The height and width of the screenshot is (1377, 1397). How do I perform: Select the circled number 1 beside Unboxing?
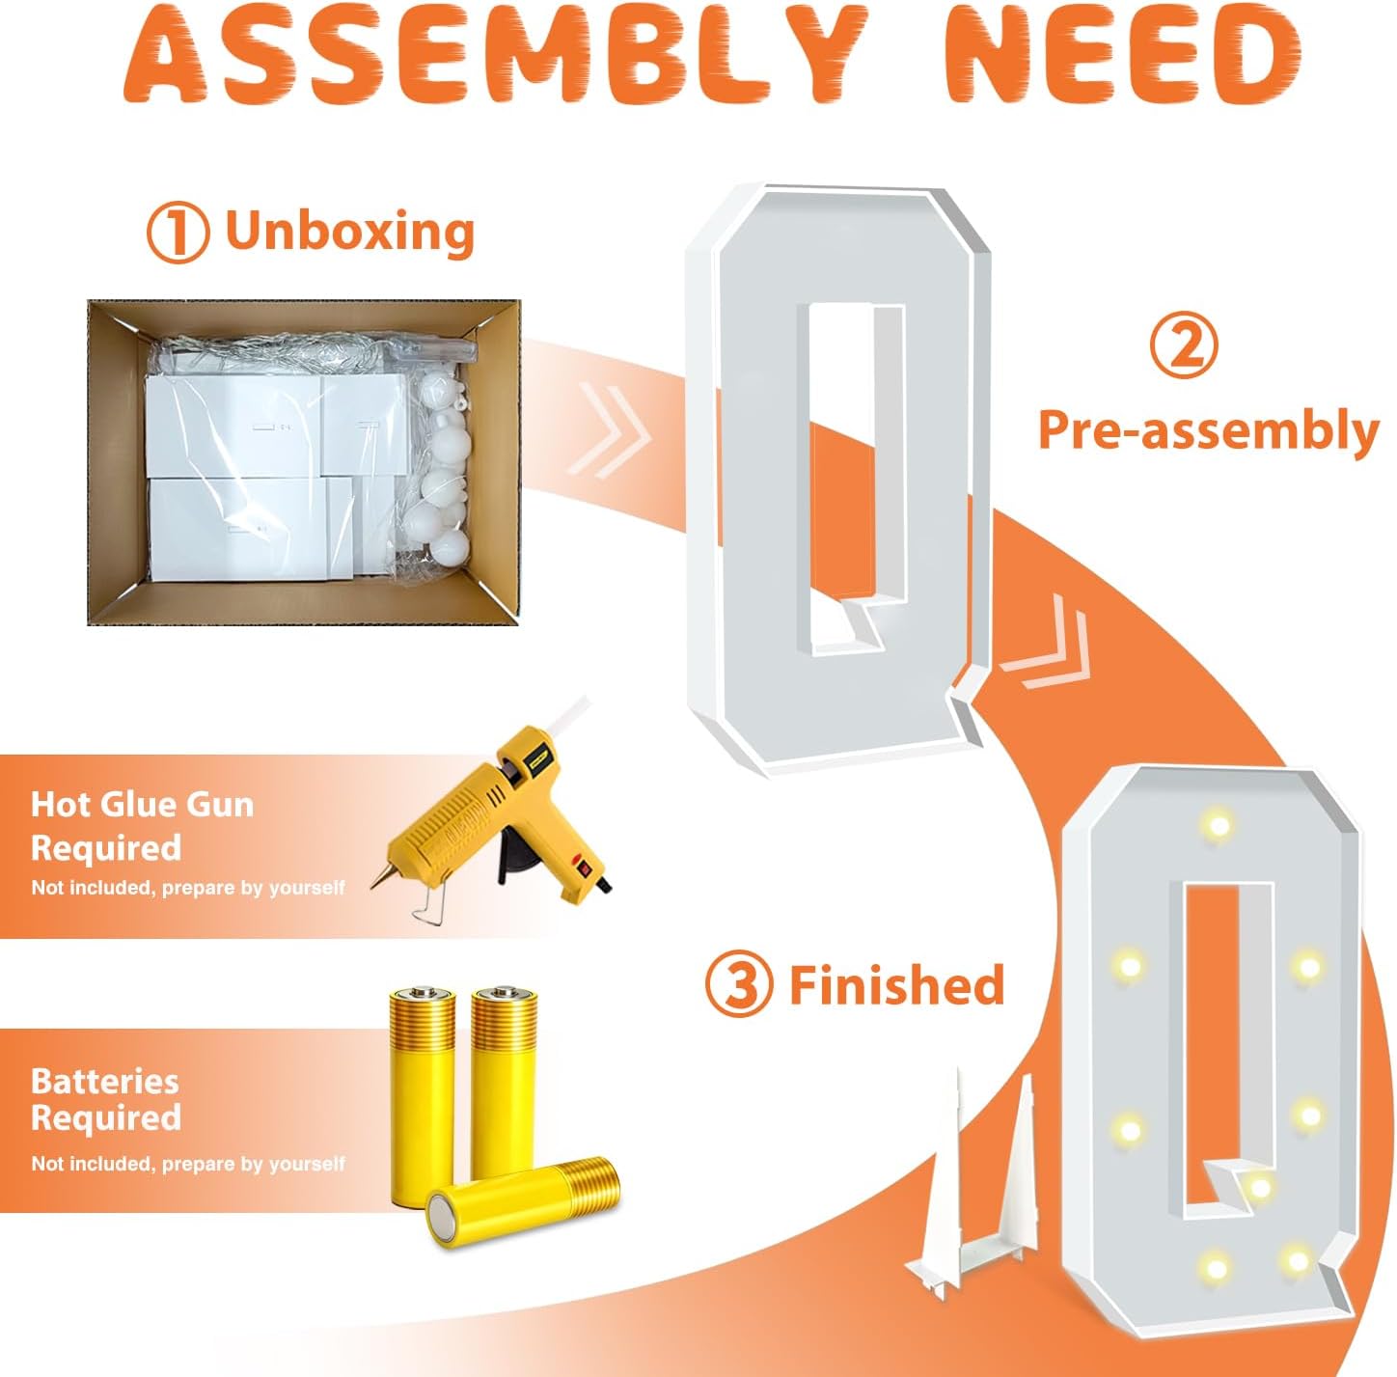pyautogui.click(x=178, y=232)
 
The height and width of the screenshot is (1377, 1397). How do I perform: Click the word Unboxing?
pyautogui.click(x=350, y=232)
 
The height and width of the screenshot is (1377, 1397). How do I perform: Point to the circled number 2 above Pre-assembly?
pyautogui.click(x=1183, y=346)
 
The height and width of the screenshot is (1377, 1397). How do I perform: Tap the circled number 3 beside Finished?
pyautogui.click(x=738, y=984)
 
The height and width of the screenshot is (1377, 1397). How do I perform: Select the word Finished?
pyautogui.click(x=897, y=984)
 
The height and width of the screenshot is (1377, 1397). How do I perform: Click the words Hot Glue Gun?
pyautogui.click(x=142, y=805)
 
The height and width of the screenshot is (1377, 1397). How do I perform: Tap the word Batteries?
pyautogui.click(x=105, y=1082)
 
